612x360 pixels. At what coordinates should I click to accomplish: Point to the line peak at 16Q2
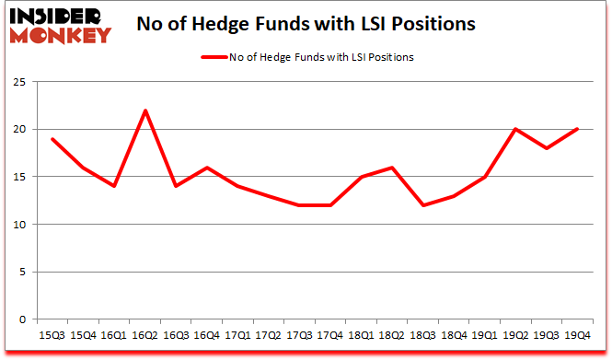click(145, 110)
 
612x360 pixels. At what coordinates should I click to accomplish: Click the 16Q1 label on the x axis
click(115, 336)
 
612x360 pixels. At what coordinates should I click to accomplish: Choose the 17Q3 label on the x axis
click(297, 336)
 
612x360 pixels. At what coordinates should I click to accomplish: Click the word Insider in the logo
click(56, 16)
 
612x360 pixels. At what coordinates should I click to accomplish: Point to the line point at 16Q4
click(206, 168)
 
